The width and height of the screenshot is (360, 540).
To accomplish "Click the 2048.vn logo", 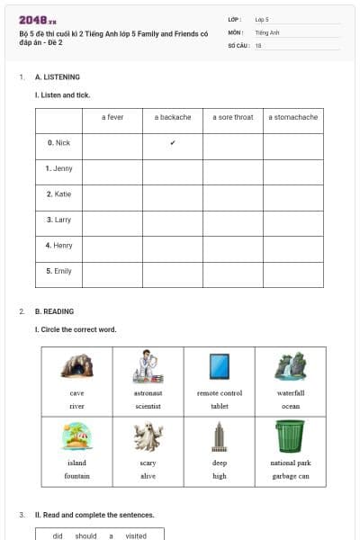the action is (x=38, y=20).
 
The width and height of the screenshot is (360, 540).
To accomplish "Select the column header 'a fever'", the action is (x=112, y=117).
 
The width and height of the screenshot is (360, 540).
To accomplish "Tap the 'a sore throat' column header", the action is (x=233, y=117).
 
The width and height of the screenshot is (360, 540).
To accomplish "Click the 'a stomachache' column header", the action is (x=293, y=117).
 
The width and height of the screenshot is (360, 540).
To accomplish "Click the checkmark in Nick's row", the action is (x=173, y=142).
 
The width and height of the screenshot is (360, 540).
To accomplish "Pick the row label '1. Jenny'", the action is (x=58, y=168).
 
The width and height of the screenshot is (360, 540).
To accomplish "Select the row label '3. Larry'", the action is (x=58, y=219).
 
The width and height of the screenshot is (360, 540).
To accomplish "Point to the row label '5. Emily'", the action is (x=58, y=270).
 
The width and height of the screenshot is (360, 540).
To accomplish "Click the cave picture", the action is (x=76, y=366).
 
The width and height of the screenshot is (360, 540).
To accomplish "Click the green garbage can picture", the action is (x=290, y=436).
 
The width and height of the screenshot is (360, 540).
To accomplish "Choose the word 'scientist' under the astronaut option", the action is (x=148, y=406).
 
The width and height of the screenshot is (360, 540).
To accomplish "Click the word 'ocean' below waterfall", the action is (x=290, y=406).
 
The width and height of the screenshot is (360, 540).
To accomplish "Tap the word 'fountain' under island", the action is (x=76, y=475).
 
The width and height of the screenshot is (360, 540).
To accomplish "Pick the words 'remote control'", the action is (x=220, y=393).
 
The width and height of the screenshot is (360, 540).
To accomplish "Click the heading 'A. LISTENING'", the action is (x=58, y=77).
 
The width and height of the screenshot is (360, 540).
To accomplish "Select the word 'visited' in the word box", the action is (x=136, y=535).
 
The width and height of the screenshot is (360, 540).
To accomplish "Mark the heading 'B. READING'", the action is (x=54, y=311).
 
